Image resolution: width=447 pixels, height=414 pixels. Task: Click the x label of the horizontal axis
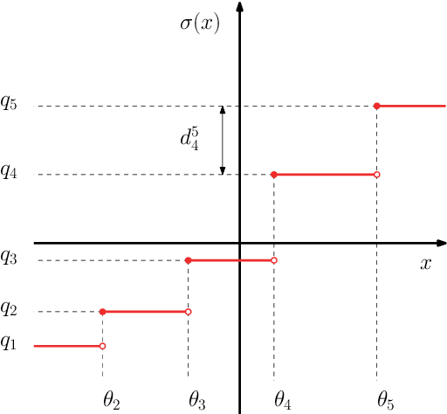coord(425,263)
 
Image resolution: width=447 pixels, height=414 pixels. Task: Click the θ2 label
coord(111,401)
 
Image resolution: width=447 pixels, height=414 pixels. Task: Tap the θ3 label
coord(197,401)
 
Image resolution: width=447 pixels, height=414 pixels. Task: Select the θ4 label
coord(282,401)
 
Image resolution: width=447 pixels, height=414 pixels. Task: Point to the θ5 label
coord(385,401)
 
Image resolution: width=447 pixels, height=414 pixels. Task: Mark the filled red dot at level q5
coord(376,106)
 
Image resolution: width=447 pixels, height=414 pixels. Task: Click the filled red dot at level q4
coord(274,175)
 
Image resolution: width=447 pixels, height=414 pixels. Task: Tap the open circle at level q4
coord(376,175)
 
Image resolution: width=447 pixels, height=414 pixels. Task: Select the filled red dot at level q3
coord(189,260)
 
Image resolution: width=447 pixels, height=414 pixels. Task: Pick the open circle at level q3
coord(274,260)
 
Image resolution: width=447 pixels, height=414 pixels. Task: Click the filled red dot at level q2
coord(103,312)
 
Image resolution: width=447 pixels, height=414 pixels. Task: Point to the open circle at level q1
coord(103,346)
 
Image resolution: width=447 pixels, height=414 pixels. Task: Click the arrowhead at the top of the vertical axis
coord(240,7)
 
